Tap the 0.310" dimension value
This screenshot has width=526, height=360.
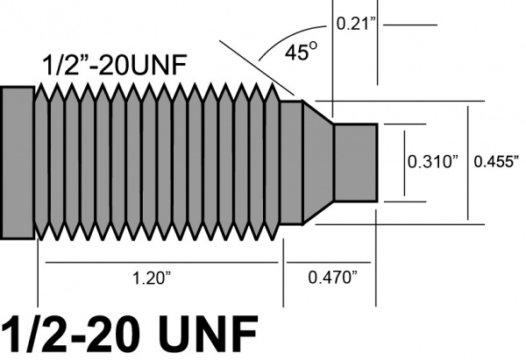pos(434,161)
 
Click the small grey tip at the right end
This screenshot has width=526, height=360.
pos(355,162)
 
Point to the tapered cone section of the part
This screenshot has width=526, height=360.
pos(317,162)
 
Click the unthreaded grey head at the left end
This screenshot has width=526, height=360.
pos(17,162)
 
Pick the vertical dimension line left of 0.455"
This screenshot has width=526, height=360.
pos(468,162)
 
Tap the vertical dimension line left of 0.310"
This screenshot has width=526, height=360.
pos(403,162)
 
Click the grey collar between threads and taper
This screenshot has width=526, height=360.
pos(290,162)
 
